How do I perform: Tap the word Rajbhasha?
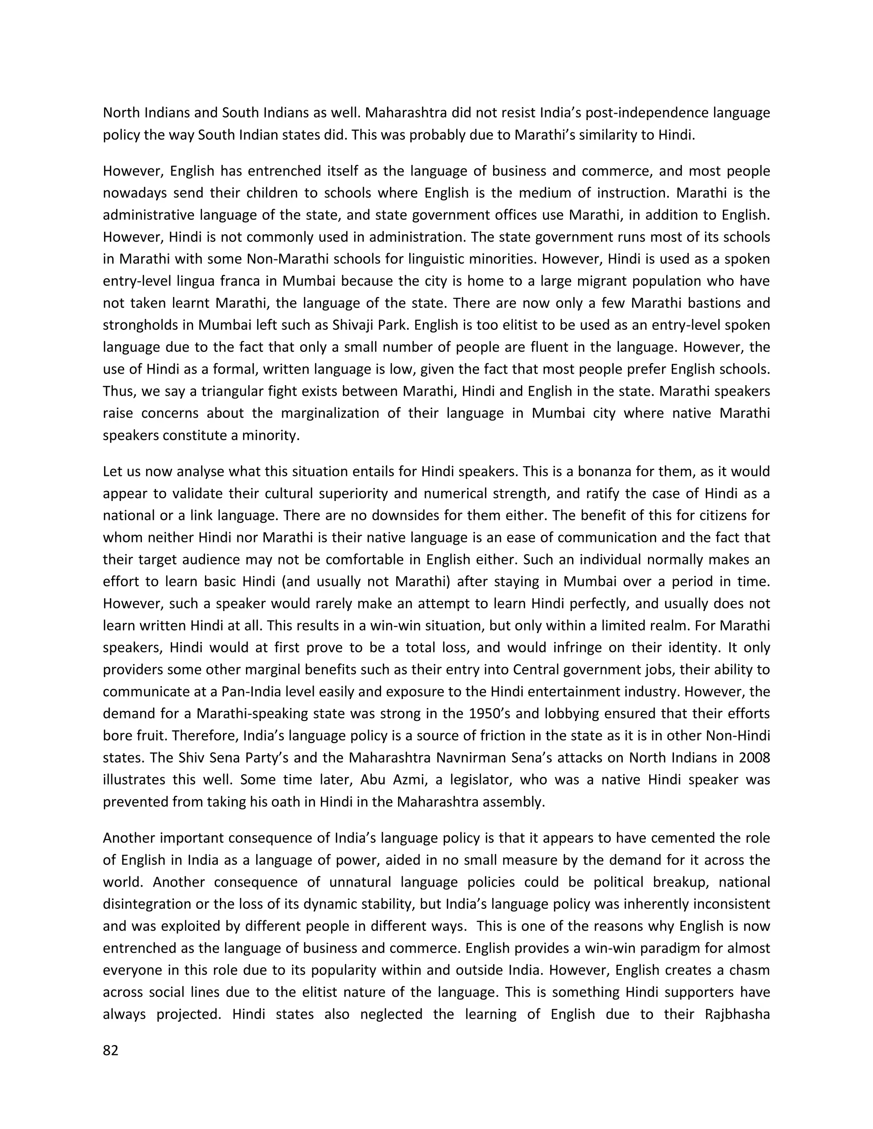[x=737, y=1014]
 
